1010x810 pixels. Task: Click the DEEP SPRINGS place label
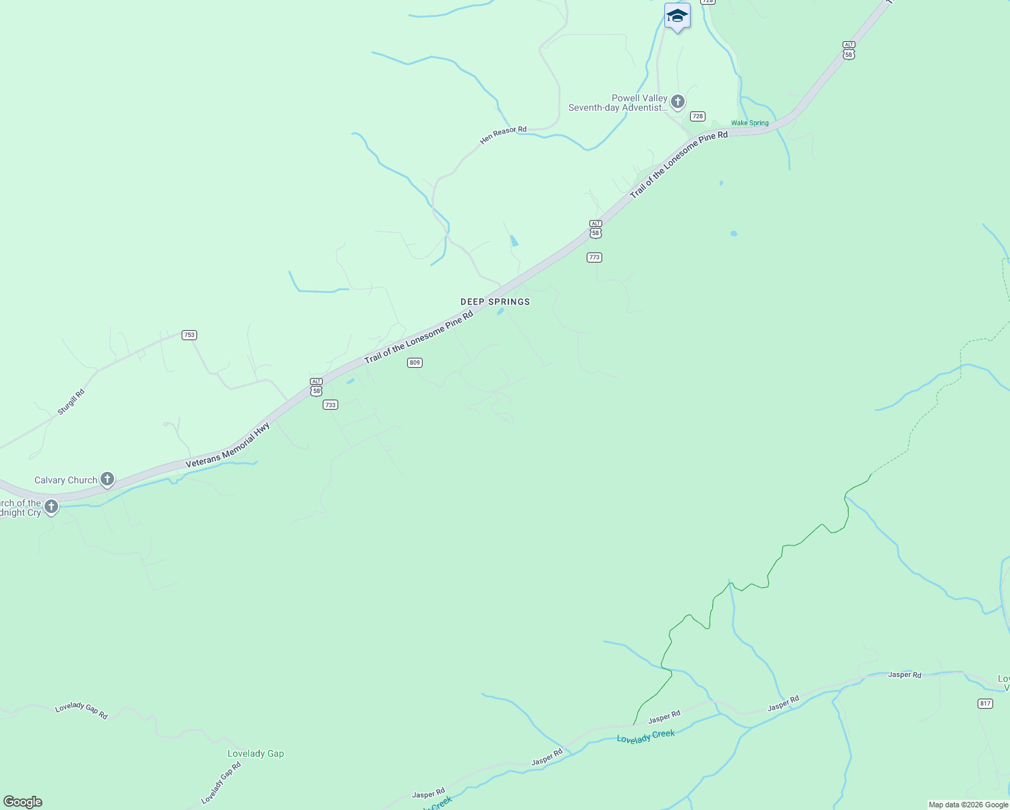click(x=495, y=302)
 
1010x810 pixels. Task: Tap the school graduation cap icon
click(x=676, y=16)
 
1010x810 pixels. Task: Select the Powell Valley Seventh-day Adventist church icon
click(x=678, y=102)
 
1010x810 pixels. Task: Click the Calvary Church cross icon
click(x=107, y=479)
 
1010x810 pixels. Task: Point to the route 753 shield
click(x=189, y=335)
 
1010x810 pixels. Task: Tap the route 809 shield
click(x=415, y=362)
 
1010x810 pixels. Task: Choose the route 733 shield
click(x=330, y=405)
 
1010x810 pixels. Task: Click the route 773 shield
click(x=594, y=257)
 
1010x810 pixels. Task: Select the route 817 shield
click(x=985, y=703)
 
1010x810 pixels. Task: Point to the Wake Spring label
click(x=749, y=123)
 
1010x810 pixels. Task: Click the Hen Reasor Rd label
click(x=503, y=135)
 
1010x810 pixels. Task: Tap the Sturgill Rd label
click(x=71, y=402)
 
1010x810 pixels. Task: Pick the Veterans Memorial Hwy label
click(x=228, y=446)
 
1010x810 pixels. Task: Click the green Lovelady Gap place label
click(x=255, y=753)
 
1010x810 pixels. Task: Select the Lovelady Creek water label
click(x=645, y=736)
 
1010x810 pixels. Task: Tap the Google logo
click(x=23, y=802)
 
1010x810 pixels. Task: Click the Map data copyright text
click(x=968, y=805)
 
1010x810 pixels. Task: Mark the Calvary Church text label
click(x=65, y=480)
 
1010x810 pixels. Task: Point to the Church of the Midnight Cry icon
click(x=51, y=506)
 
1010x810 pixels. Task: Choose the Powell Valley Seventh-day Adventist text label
click(x=618, y=103)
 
